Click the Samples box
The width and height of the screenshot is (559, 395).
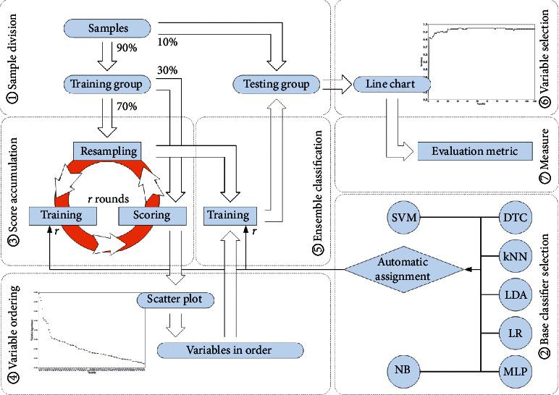[106, 29]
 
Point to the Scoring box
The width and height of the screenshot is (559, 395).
[152, 215]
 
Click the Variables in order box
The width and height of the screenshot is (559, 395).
[229, 350]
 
